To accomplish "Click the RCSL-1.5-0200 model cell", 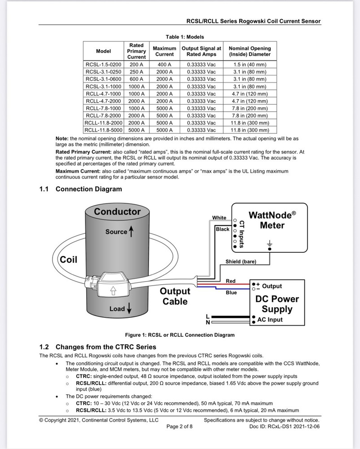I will click(x=103, y=65).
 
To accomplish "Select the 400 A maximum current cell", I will click(x=164, y=65).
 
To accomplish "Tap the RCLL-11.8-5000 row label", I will click(x=103, y=130).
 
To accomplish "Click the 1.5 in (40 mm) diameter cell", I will click(x=250, y=65).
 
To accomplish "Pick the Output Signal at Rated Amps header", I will click(x=202, y=51).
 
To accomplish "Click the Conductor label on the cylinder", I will click(x=117, y=211).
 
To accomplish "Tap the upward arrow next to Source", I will click(x=132, y=232).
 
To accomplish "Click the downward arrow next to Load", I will click(x=129, y=308).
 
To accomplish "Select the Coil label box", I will click(x=69, y=260).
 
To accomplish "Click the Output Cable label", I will click(x=175, y=296).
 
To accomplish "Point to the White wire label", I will click(x=219, y=218).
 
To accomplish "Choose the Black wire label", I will click(x=222, y=229).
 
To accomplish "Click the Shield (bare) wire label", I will click(x=241, y=262).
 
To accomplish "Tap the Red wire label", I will click(x=231, y=281).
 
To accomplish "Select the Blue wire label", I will click(x=231, y=293).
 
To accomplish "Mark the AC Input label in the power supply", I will click(x=270, y=320).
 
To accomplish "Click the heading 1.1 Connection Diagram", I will click(x=81, y=189).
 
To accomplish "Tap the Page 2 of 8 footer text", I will click(x=180, y=427).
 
